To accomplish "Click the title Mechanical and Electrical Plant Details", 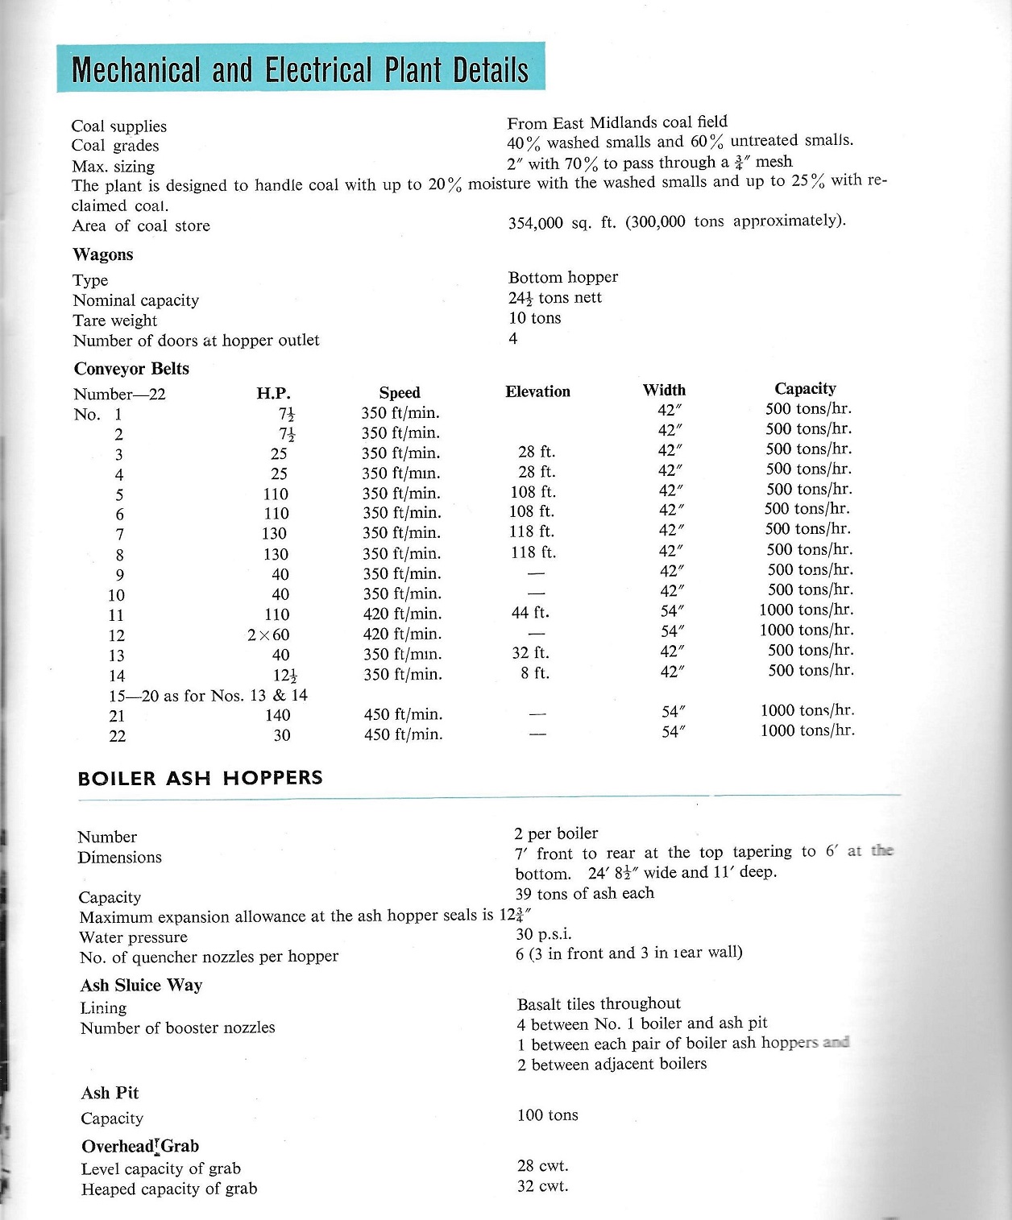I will point(300,69).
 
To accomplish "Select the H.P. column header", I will point(273,393).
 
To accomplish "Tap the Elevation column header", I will point(537,391).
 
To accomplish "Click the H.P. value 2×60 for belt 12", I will point(268,635).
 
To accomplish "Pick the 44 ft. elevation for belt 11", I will point(530,613).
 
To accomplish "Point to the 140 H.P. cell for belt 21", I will point(277,715).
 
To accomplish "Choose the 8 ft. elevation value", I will point(535,673).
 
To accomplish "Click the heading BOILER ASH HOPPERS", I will point(200,778).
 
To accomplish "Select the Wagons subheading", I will point(103,254).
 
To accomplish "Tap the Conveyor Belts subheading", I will point(131,369).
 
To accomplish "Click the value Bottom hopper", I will point(563,277).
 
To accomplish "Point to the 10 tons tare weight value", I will point(534,318).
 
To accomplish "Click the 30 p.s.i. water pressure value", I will point(543,934).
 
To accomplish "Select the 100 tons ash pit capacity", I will point(547,1115).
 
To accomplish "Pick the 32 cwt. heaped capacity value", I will point(542,1186).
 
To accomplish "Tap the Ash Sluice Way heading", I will point(141,985).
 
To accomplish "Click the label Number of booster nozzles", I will point(177,1028).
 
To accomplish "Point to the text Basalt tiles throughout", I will point(599,1003).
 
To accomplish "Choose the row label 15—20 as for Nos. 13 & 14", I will point(208,695).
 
